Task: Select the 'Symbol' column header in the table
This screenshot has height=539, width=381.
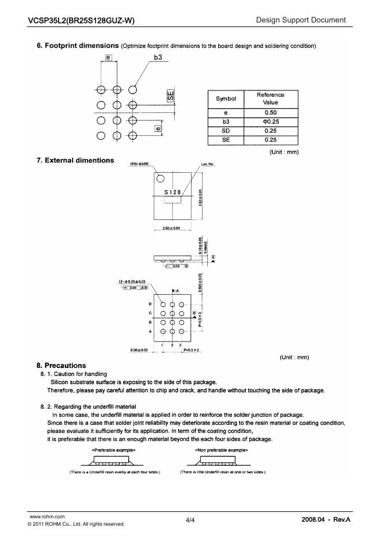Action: pyautogui.click(x=226, y=98)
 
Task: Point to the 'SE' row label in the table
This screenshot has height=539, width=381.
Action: pyautogui.click(x=226, y=139)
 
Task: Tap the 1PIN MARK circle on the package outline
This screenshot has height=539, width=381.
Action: pyautogui.click(x=161, y=179)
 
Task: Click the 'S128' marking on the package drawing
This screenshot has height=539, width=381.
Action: pyautogui.click(x=173, y=192)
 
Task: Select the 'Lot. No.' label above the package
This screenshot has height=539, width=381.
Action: pyautogui.click(x=208, y=164)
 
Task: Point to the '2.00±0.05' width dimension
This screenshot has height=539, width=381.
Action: pyautogui.click(x=168, y=229)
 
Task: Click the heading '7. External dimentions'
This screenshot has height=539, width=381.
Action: pyautogui.click(x=75, y=160)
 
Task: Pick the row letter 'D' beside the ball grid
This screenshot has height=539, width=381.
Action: pyautogui.click(x=151, y=304)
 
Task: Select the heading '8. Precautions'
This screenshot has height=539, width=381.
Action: pyautogui.click(x=61, y=365)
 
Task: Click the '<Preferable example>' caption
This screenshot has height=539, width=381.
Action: pyautogui.click(x=113, y=450)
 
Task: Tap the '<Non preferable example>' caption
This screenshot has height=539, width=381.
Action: pyautogui.click(x=222, y=450)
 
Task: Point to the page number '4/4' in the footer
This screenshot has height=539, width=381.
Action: pyautogui.click(x=190, y=520)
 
